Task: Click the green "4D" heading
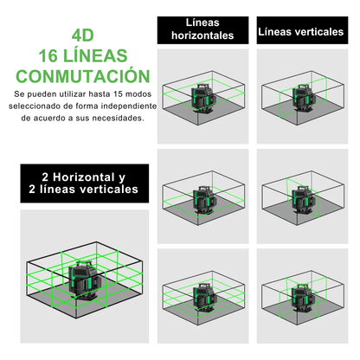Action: (83, 37)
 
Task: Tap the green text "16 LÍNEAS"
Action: (83, 55)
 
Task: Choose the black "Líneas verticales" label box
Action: (299, 32)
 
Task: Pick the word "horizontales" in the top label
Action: (203, 35)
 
